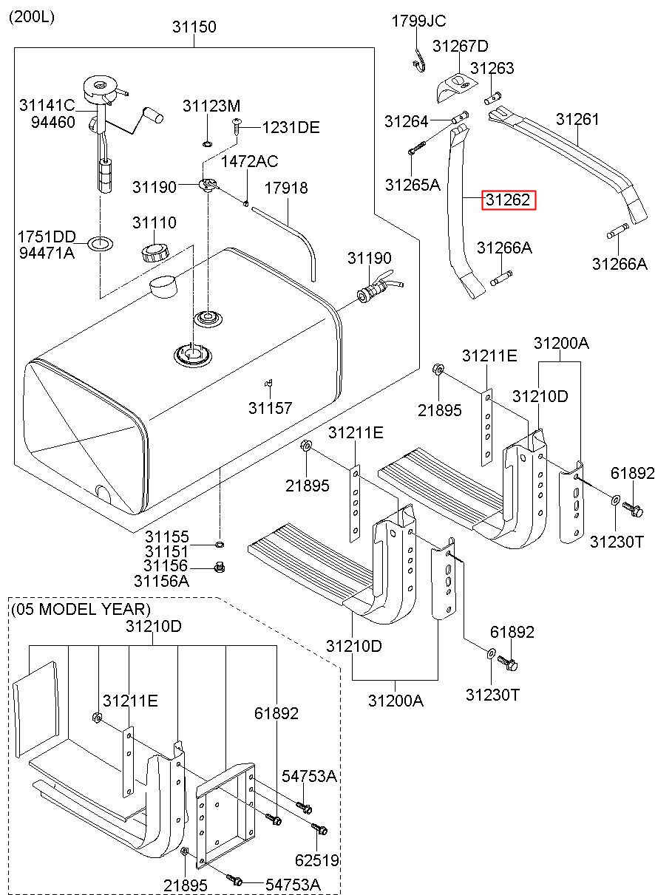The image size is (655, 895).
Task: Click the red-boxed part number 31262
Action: click(508, 200)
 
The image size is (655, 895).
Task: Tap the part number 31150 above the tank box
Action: click(194, 27)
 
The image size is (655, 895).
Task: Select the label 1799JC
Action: click(418, 21)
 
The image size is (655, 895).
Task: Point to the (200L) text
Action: click(32, 17)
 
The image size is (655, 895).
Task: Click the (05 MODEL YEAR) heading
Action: click(81, 609)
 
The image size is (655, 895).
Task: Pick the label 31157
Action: click(270, 408)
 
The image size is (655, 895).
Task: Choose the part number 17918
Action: click(286, 188)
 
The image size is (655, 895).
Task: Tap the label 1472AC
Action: click(249, 161)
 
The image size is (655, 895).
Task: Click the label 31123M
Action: click(211, 106)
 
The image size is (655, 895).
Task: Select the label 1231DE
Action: click(291, 127)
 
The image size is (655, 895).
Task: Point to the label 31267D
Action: click(461, 46)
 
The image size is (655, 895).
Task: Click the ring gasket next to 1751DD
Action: click(100, 242)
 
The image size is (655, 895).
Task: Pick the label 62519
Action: click(317, 860)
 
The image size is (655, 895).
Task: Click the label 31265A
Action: click(413, 185)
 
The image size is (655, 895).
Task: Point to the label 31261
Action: click(577, 119)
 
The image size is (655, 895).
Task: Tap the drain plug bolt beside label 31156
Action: click(220, 567)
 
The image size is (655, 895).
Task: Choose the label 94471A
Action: click(47, 253)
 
